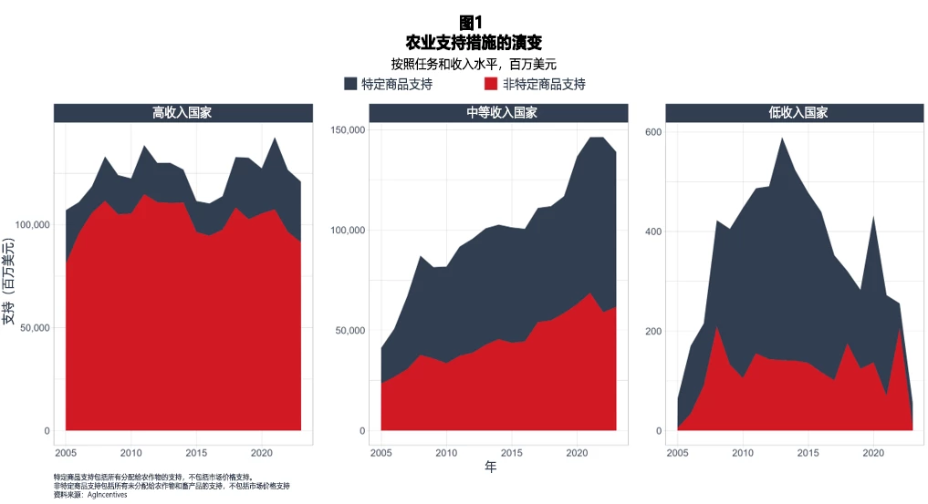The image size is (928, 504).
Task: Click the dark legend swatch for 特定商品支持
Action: (351, 84)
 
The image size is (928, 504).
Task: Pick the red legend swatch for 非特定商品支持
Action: (491, 84)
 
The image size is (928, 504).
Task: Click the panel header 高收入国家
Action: (183, 113)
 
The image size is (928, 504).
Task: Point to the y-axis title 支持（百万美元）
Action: (10, 280)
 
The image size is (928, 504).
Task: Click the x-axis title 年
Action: (490, 468)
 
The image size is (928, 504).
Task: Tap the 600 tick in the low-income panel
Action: (653, 131)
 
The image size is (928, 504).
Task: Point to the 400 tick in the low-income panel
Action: (653, 231)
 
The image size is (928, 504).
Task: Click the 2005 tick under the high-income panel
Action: (66, 453)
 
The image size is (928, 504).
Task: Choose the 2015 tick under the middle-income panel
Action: (512, 453)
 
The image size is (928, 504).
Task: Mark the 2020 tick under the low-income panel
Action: (874, 453)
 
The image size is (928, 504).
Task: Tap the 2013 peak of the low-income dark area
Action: (782, 139)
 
